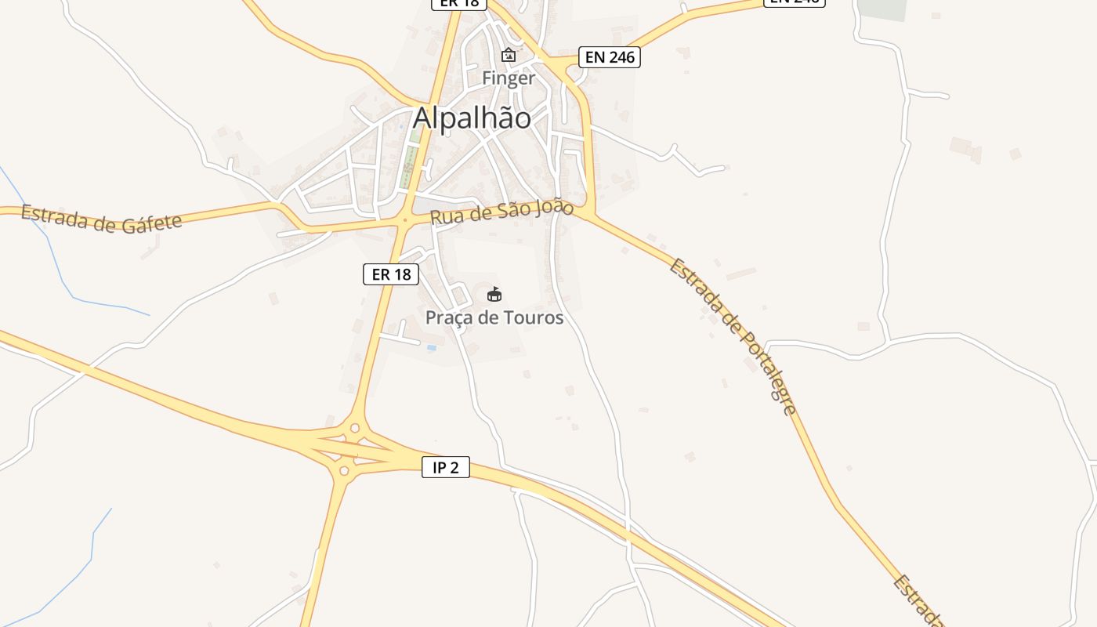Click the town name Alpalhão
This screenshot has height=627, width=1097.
pyautogui.click(x=472, y=118)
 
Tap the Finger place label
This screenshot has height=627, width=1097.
pyautogui.click(x=509, y=78)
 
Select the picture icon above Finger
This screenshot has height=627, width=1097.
pyautogui.click(x=509, y=55)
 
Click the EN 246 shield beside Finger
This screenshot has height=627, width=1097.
pyautogui.click(x=610, y=57)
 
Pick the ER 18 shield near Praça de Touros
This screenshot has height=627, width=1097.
pyautogui.click(x=391, y=274)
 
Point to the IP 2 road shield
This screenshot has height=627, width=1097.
pyautogui.click(x=446, y=468)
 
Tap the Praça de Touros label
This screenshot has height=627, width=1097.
pyautogui.click(x=494, y=317)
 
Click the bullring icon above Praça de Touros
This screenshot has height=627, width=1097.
pyautogui.click(x=494, y=295)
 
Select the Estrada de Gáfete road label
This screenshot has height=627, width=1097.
pyautogui.click(x=101, y=219)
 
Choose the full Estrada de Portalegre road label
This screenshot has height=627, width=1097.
pyautogui.click(x=733, y=335)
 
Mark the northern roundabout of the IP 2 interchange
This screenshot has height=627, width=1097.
pyautogui.click(x=355, y=428)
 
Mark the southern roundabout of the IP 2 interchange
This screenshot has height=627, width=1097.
pyautogui.click(x=343, y=471)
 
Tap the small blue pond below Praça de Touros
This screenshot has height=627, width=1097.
pyautogui.click(x=432, y=347)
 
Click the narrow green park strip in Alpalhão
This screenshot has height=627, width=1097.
pyautogui.click(x=408, y=165)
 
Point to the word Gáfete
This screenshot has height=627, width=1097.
pyautogui.click(x=152, y=223)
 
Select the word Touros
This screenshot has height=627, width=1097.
pyautogui.click(x=536, y=317)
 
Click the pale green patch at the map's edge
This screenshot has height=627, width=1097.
pyautogui.click(x=882, y=9)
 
